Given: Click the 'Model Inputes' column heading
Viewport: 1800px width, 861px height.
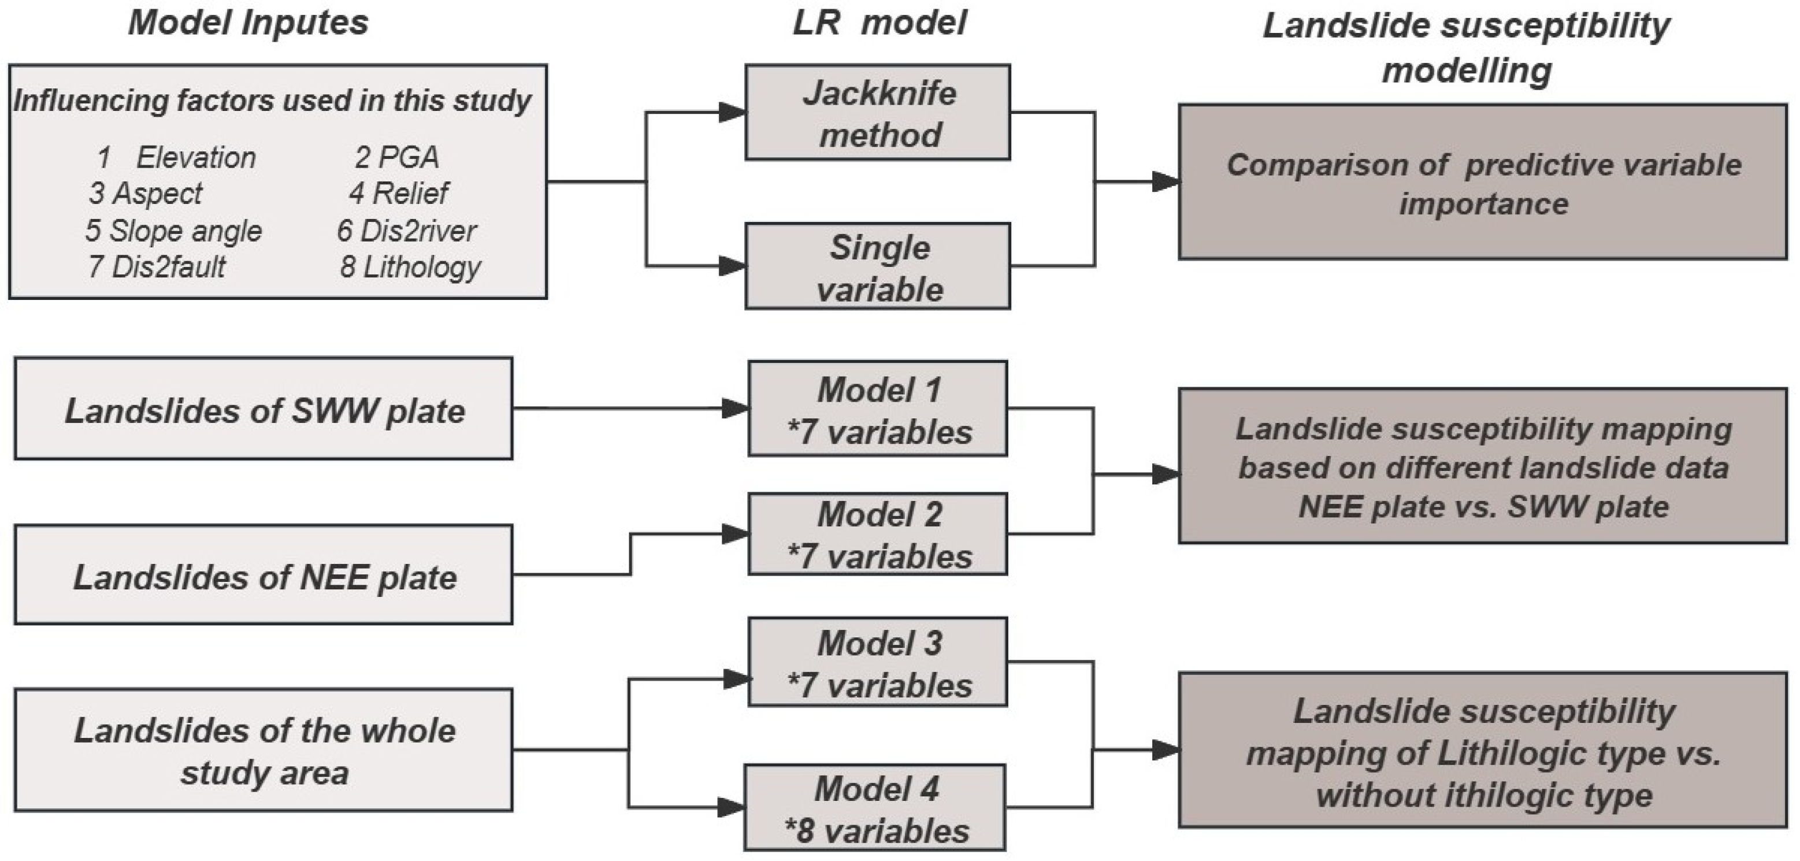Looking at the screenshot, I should point(248,23).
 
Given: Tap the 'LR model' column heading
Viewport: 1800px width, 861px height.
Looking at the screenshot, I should point(879,23).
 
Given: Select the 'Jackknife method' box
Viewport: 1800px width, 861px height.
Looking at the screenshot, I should point(878,113).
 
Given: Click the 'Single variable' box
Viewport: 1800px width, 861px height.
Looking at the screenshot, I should point(878,266).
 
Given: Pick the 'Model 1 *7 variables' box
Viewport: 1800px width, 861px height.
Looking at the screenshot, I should point(878,409).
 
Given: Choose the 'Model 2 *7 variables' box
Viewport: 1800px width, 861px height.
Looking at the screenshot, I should point(878,534).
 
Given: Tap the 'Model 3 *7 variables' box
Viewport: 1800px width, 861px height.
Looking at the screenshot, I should point(878,662).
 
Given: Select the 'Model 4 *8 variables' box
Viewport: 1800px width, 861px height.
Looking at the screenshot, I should point(875,807).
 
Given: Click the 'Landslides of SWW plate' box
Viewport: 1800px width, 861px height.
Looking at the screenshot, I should point(263,409).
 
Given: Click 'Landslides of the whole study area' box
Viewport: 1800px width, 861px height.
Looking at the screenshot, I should point(263,751).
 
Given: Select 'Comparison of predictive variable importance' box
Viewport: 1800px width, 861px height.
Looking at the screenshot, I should point(1483,183).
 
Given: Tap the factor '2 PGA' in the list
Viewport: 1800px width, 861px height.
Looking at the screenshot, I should point(396,157).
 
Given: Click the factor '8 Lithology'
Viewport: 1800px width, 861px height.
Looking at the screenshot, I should point(410,267).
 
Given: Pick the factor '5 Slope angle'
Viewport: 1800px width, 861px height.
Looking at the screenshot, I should point(173,231).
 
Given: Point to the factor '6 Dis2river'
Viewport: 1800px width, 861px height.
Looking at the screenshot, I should point(407,231).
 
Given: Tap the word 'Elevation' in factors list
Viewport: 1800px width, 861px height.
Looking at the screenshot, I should point(196,158).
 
